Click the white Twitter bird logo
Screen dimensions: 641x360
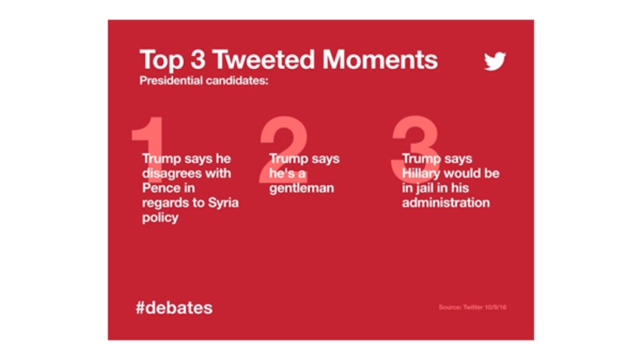pyautogui.click(x=495, y=61)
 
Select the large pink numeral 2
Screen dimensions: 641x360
pyautogui.click(x=283, y=149)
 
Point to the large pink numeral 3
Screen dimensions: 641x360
pyautogui.click(x=415, y=149)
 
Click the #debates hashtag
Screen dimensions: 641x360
pyautogui.click(x=174, y=308)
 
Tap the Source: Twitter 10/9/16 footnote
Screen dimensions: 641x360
pyautogui.click(x=472, y=307)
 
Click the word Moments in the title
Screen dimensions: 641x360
pyautogui.click(x=380, y=60)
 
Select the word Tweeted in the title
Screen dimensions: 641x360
pyautogui.click(x=264, y=60)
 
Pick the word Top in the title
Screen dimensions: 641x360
pyautogui.click(x=162, y=61)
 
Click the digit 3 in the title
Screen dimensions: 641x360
pyautogui.click(x=198, y=60)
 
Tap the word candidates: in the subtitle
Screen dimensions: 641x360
pyautogui.click(x=237, y=81)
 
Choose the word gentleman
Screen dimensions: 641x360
pyautogui.click(x=302, y=189)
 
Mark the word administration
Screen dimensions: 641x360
pyautogui.click(x=445, y=202)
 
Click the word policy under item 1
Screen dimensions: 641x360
pyautogui.click(x=160, y=218)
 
